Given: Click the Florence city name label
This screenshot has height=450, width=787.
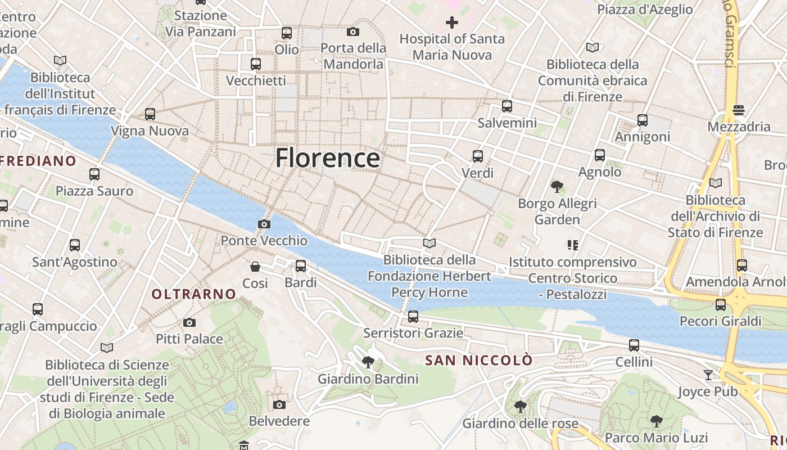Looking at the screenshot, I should click(328, 158).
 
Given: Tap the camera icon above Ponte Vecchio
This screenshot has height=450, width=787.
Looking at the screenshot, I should click(264, 224).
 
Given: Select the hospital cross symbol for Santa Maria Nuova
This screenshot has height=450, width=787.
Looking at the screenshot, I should click(452, 22).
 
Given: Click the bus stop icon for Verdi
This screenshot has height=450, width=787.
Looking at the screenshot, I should click(477, 156).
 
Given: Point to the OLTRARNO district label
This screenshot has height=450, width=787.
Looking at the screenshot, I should click(194, 294).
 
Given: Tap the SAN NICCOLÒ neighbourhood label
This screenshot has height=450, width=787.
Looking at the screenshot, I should click(478, 361).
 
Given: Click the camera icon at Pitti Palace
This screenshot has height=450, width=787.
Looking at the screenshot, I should click(189, 323).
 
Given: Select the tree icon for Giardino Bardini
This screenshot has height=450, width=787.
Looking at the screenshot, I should click(368, 362).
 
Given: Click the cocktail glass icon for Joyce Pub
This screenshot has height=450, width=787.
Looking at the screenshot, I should click(708, 375).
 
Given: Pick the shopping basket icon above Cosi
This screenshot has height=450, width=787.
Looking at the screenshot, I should click(255, 267).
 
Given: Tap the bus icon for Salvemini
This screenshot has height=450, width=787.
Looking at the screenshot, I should click(507, 106).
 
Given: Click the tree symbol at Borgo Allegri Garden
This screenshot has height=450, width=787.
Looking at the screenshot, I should click(557, 186).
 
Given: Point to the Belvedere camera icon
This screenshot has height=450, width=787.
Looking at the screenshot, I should click(279, 404).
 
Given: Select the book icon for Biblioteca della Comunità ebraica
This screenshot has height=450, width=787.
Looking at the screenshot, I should click(592, 47).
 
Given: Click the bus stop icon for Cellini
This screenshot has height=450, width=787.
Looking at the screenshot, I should click(634, 345).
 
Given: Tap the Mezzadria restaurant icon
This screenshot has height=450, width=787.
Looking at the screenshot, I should click(739, 110).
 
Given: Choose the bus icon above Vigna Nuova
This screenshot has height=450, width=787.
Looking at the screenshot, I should click(150, 114).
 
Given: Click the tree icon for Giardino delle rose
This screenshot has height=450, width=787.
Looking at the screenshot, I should click(521, 406).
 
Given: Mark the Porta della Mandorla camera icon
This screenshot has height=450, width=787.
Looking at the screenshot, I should click(353, 31).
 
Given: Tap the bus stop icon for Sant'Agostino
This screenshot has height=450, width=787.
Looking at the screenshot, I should click(75, 245).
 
